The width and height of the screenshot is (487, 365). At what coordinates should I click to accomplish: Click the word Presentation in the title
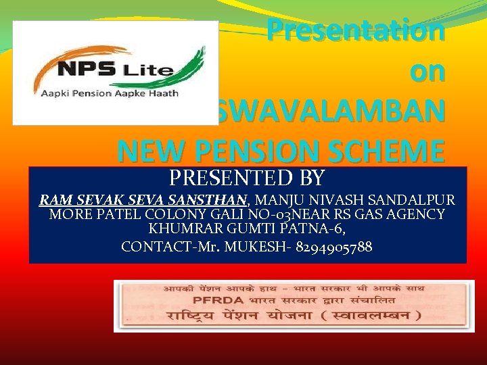[356, 30]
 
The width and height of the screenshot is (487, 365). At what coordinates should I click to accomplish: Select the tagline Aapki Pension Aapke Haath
[118, 93]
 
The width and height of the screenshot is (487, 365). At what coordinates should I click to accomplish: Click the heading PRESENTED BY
[247, 178]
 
